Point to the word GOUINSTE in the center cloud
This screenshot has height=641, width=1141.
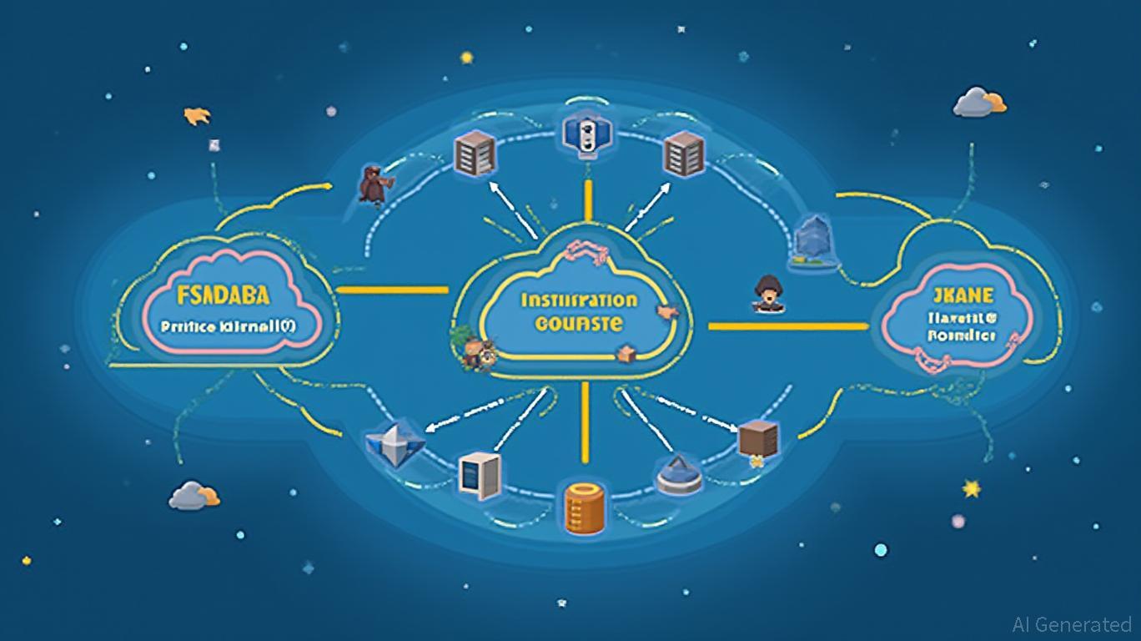pyautogui.click(x=579, y=324)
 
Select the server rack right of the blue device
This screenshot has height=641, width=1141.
pyautogui.click(x=685, y=154)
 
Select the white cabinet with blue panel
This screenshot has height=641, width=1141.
pyautogui.click(x=480, y=476)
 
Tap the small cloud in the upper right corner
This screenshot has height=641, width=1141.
pyautogui.click(x=979, y=102)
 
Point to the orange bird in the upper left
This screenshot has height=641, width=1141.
pyautogui.click(x=197, y=115)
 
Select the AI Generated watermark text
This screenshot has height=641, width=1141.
pyautogui.click(x=1071, y=624)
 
